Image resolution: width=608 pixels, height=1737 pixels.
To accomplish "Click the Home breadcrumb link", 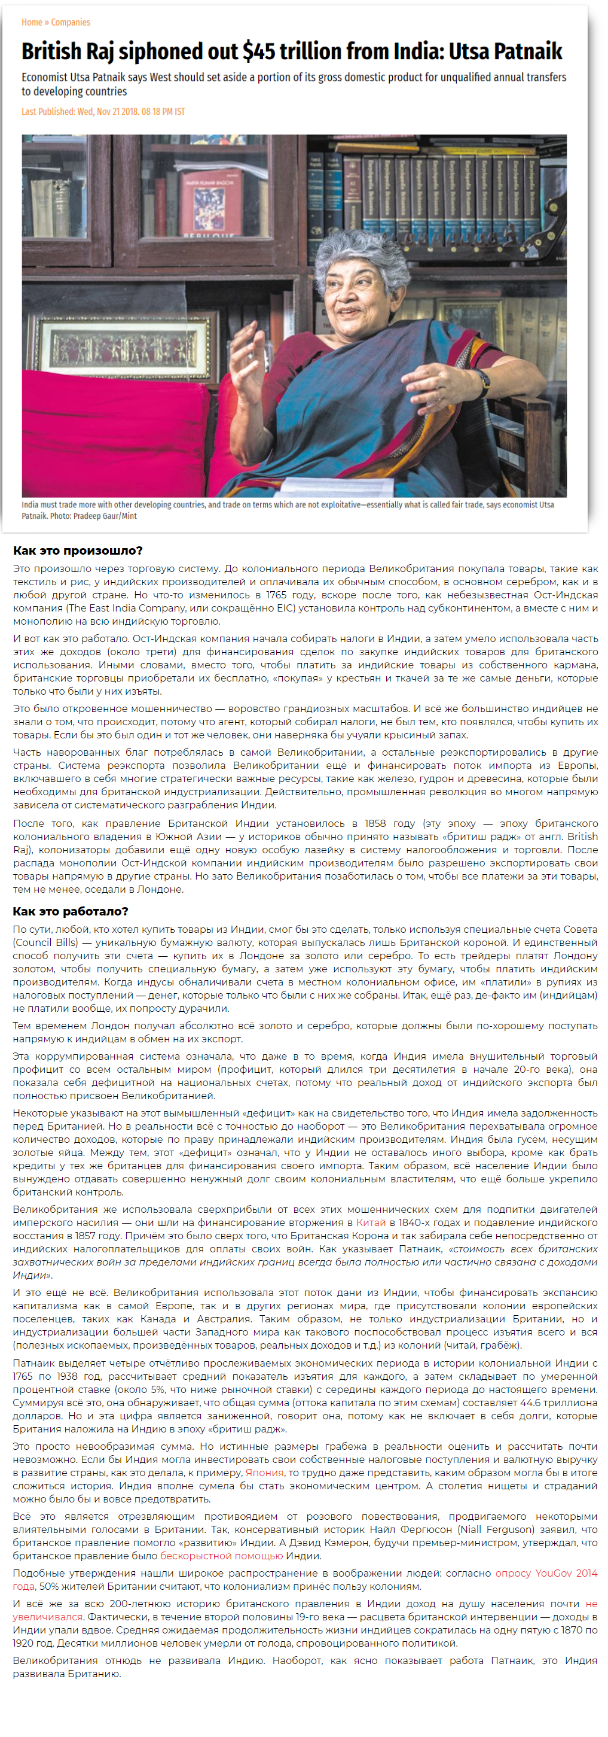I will (32, 22).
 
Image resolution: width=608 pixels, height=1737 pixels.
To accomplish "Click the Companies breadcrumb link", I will (71, 22).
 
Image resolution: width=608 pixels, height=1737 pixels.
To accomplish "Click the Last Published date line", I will (103, 111).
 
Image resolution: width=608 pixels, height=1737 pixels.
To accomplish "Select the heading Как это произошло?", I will (78, 550).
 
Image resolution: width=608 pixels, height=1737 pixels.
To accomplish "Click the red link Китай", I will (371, 1222).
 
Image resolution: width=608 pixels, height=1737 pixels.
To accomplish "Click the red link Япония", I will (264, 1472).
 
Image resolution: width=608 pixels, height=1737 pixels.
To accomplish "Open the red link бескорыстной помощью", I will (221, 1556).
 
